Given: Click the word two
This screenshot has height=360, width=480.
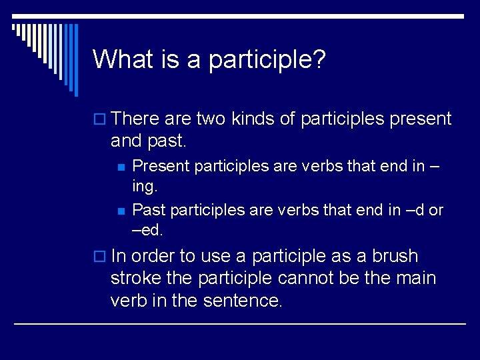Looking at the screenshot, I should click(x=212, y=119).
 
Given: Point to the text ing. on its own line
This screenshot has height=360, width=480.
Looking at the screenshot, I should click(x=145, y=186).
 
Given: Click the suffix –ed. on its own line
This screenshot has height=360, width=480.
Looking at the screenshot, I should click(x=147, y=230).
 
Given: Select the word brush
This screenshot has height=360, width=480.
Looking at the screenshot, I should click(x=395, y=256).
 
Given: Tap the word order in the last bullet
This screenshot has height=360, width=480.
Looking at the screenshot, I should click(x=156, y=256).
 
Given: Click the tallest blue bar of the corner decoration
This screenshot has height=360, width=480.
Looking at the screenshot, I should click(x=75, y=59).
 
